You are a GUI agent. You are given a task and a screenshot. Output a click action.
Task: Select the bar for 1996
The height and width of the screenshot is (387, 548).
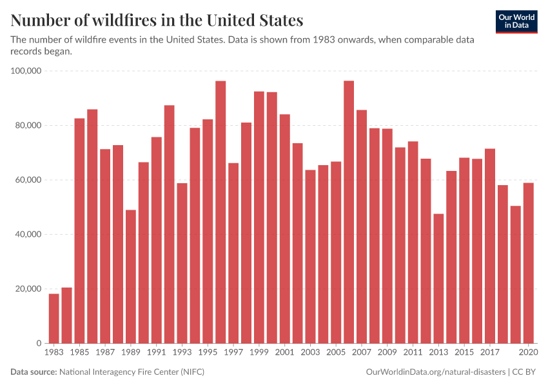(x=220, y=212)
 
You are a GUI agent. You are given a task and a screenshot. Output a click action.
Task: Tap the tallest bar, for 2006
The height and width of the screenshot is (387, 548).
(x=349, y=212)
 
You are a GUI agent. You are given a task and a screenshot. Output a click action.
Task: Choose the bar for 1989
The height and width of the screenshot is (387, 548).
(x=131, y=277)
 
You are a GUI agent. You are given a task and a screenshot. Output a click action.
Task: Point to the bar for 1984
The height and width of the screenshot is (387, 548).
(x=66, y=315)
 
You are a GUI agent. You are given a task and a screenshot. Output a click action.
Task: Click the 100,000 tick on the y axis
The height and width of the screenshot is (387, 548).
(x=26, y=71)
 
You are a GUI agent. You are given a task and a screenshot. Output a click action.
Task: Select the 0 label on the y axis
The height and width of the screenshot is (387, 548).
(x=39, y=344)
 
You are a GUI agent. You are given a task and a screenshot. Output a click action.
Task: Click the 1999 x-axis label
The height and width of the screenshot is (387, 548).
(x=259, y=353)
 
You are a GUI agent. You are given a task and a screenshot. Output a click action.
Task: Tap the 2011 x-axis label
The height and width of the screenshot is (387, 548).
(x=413, y=353)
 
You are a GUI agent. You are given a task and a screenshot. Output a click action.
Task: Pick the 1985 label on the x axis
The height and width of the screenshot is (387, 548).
(x=79, y=353)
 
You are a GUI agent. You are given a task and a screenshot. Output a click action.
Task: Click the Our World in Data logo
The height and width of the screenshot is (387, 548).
(x=516, y=21)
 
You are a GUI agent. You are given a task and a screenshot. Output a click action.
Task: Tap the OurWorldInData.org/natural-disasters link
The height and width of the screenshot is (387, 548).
(x=435, y=372)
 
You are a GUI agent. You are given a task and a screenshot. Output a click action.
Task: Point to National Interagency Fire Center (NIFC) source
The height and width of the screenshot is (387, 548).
(x=132, y=372)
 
